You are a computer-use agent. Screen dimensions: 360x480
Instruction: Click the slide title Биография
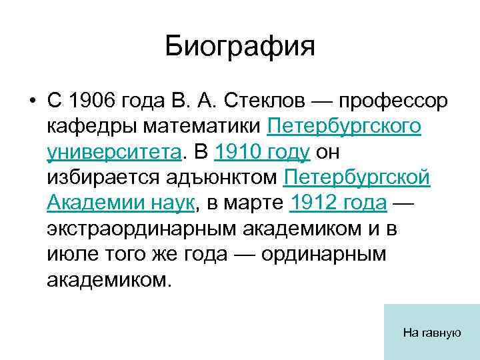pyautogui.click(x=239, y=47)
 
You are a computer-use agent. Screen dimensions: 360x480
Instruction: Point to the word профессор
pyautogui.click(x=393, y=101)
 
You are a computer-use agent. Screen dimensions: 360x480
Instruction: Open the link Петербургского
pyautogui.click(x=344, y=126)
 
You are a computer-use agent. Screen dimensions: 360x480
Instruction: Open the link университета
pyautogui.click(x=114, y=151)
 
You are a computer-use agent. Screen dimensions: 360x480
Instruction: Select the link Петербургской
pyautogui.click(x=357, y=177)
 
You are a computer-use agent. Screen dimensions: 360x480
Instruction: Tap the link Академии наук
pyautogui.click(x=121, y=203)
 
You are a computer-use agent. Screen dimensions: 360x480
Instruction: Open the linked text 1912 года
pyautogui.click(x=339, y=203)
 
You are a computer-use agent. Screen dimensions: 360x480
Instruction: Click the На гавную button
pyautogui.click(x=431, y=331)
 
